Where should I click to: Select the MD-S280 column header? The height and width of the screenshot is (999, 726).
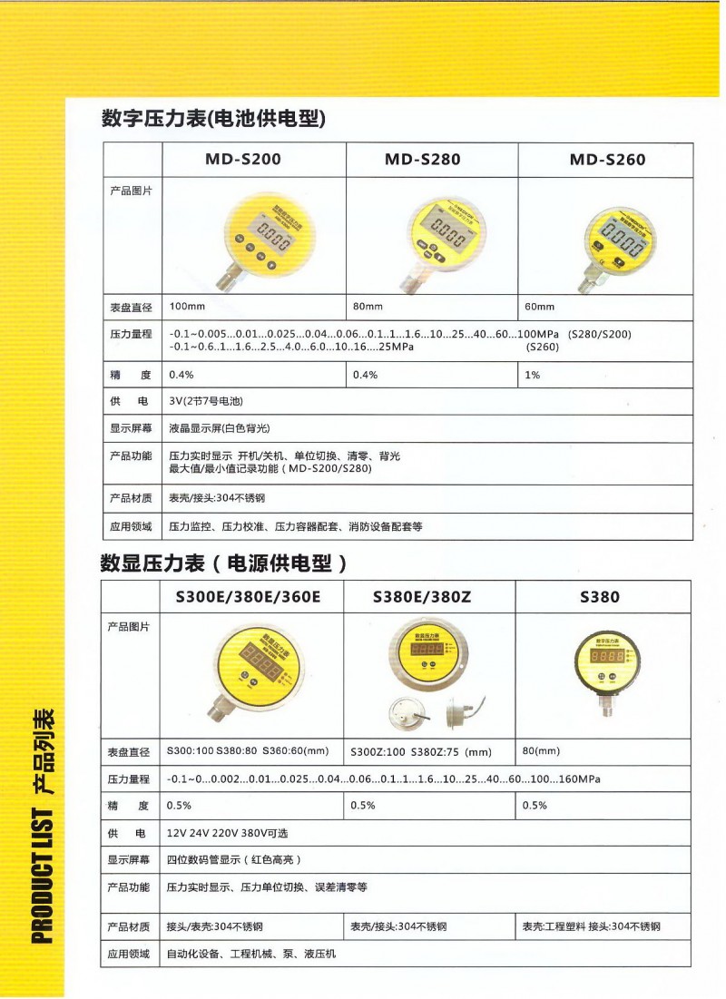coord(422,160)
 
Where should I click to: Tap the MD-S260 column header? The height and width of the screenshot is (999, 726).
coord(607,160)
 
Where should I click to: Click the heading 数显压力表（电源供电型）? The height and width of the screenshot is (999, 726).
coord(223,563)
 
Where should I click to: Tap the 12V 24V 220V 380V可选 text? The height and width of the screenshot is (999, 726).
coord(227,833)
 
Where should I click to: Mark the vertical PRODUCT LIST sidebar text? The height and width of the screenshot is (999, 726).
coord(43,826)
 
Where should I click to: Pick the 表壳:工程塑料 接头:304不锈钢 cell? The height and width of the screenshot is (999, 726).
coord(591,927)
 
